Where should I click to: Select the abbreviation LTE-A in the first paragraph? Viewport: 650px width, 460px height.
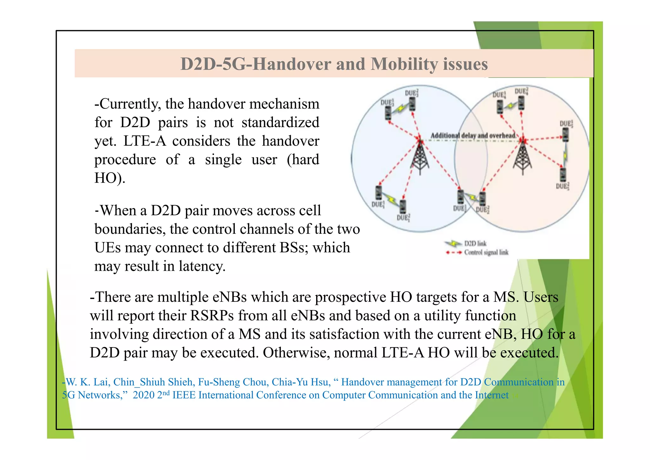[x=144, y=141]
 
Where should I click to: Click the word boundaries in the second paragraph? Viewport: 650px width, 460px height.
[x=130, y=229]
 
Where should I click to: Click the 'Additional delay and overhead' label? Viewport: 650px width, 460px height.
[x=473, y=136]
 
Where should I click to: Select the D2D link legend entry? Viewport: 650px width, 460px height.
[x=475, y=244]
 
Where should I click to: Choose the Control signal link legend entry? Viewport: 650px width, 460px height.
[x=486, y=253]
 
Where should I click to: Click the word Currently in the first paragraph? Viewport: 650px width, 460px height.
[x=128, y=104]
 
